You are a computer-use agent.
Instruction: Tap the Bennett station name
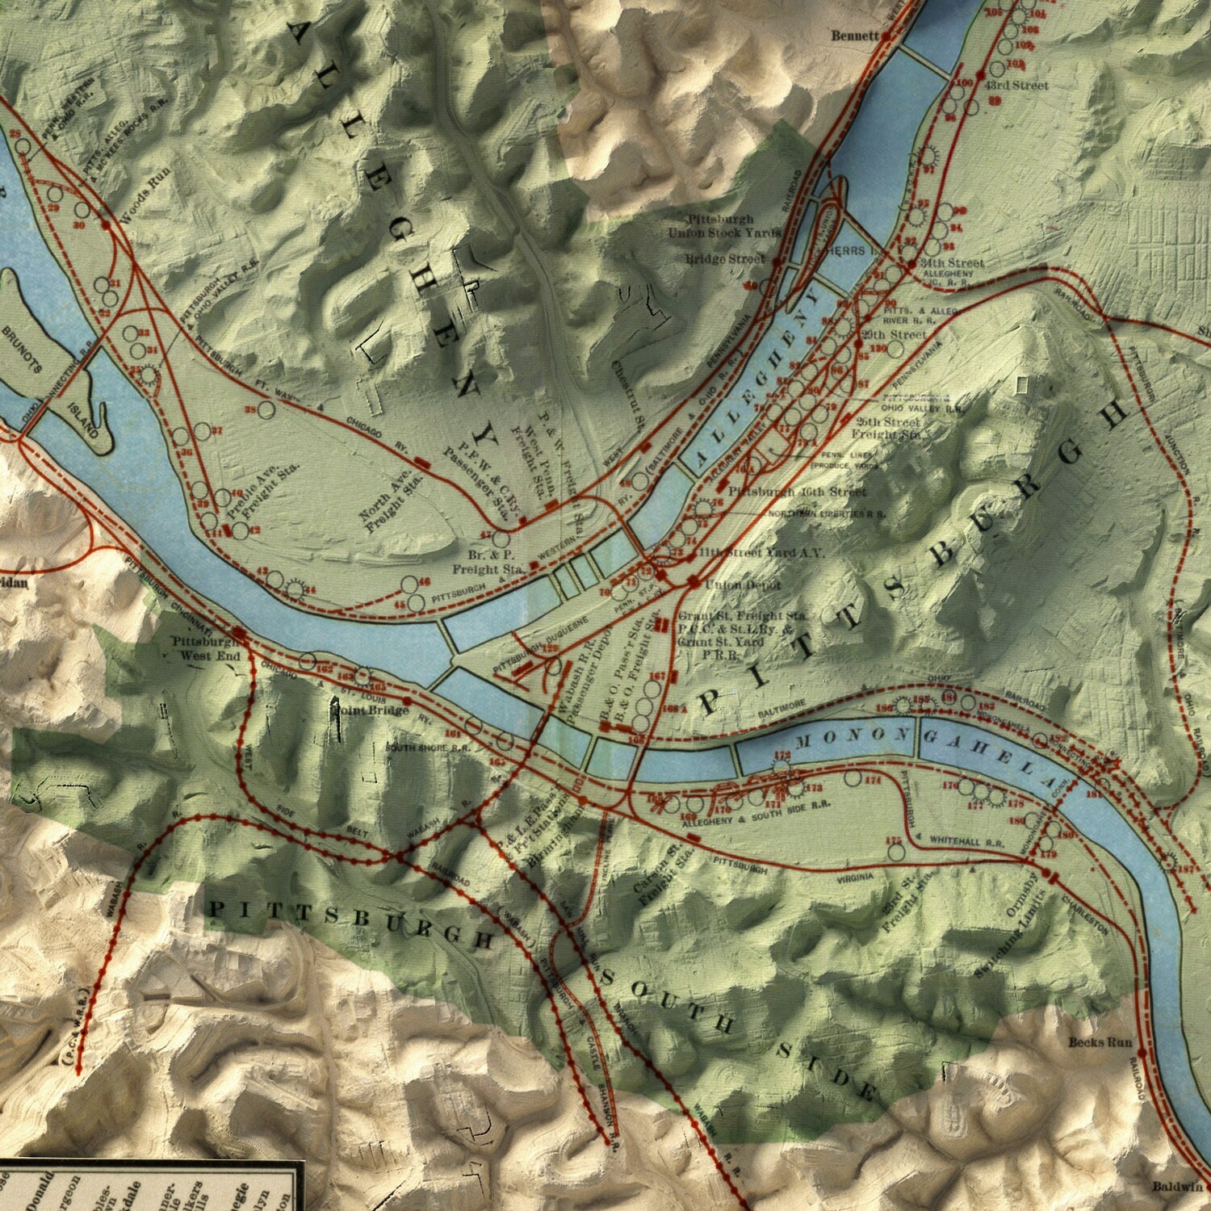point(855,36)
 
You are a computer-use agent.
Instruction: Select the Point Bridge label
point(372,710)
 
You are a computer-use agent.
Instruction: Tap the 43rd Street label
point(1016,85)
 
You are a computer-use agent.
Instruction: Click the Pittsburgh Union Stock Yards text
point(723,226)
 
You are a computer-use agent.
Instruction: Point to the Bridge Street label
point(723,259)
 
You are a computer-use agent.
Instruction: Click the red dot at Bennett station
point(886,36)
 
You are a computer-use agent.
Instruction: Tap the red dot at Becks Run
point(1142,1053)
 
